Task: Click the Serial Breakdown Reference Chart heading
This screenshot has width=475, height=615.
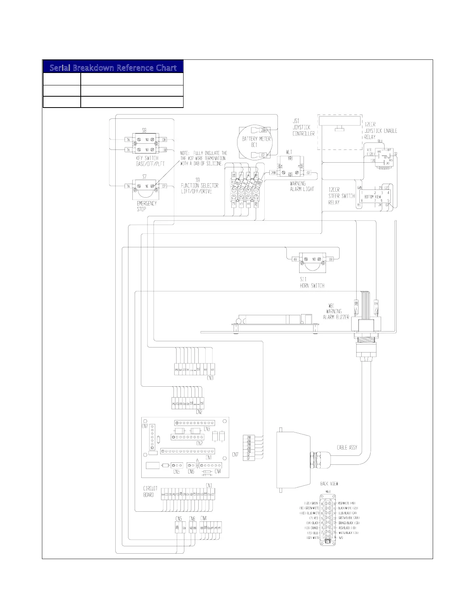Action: click(x=113, y=68)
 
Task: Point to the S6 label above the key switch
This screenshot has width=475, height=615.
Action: click(x=144, y=131)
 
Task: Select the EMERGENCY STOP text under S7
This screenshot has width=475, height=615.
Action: click(x=147, y=206)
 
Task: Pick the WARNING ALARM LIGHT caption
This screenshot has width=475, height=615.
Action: click(x=302, y=186)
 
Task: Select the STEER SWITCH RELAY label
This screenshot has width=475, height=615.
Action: click(x=342, y=196)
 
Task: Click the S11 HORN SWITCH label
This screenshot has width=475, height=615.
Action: click(x=312, y=282)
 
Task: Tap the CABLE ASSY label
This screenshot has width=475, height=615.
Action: click(x=347, y=448)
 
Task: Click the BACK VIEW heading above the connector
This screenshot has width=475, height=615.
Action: click(x=329, y=484)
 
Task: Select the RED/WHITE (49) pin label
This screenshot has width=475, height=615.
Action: click(x=347, y=503)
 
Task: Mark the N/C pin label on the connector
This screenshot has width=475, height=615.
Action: click(x=341, y=537)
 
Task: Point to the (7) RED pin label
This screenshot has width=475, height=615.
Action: click(x=314, y=518)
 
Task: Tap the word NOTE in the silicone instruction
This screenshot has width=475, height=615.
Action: click(x=186, y=153)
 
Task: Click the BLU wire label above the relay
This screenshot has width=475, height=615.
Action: click(x=380, y=141)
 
